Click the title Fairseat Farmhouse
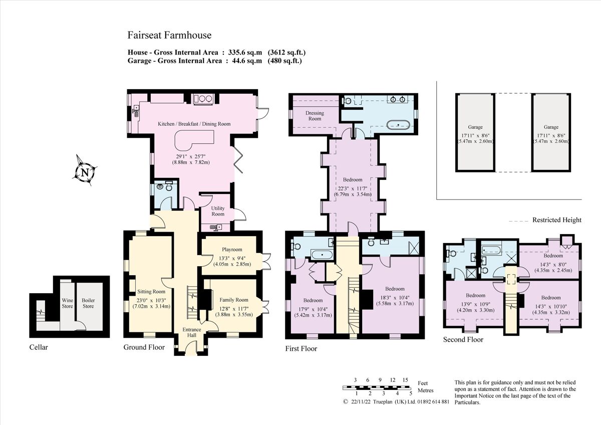(169, 35)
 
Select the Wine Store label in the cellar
(67, 303)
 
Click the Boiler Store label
(88, 303)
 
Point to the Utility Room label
(218, 211)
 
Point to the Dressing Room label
(315, 116)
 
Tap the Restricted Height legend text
(556, 220)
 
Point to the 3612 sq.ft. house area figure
(286, 52)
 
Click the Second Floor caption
(463, 339)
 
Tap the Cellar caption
(39, 347)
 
